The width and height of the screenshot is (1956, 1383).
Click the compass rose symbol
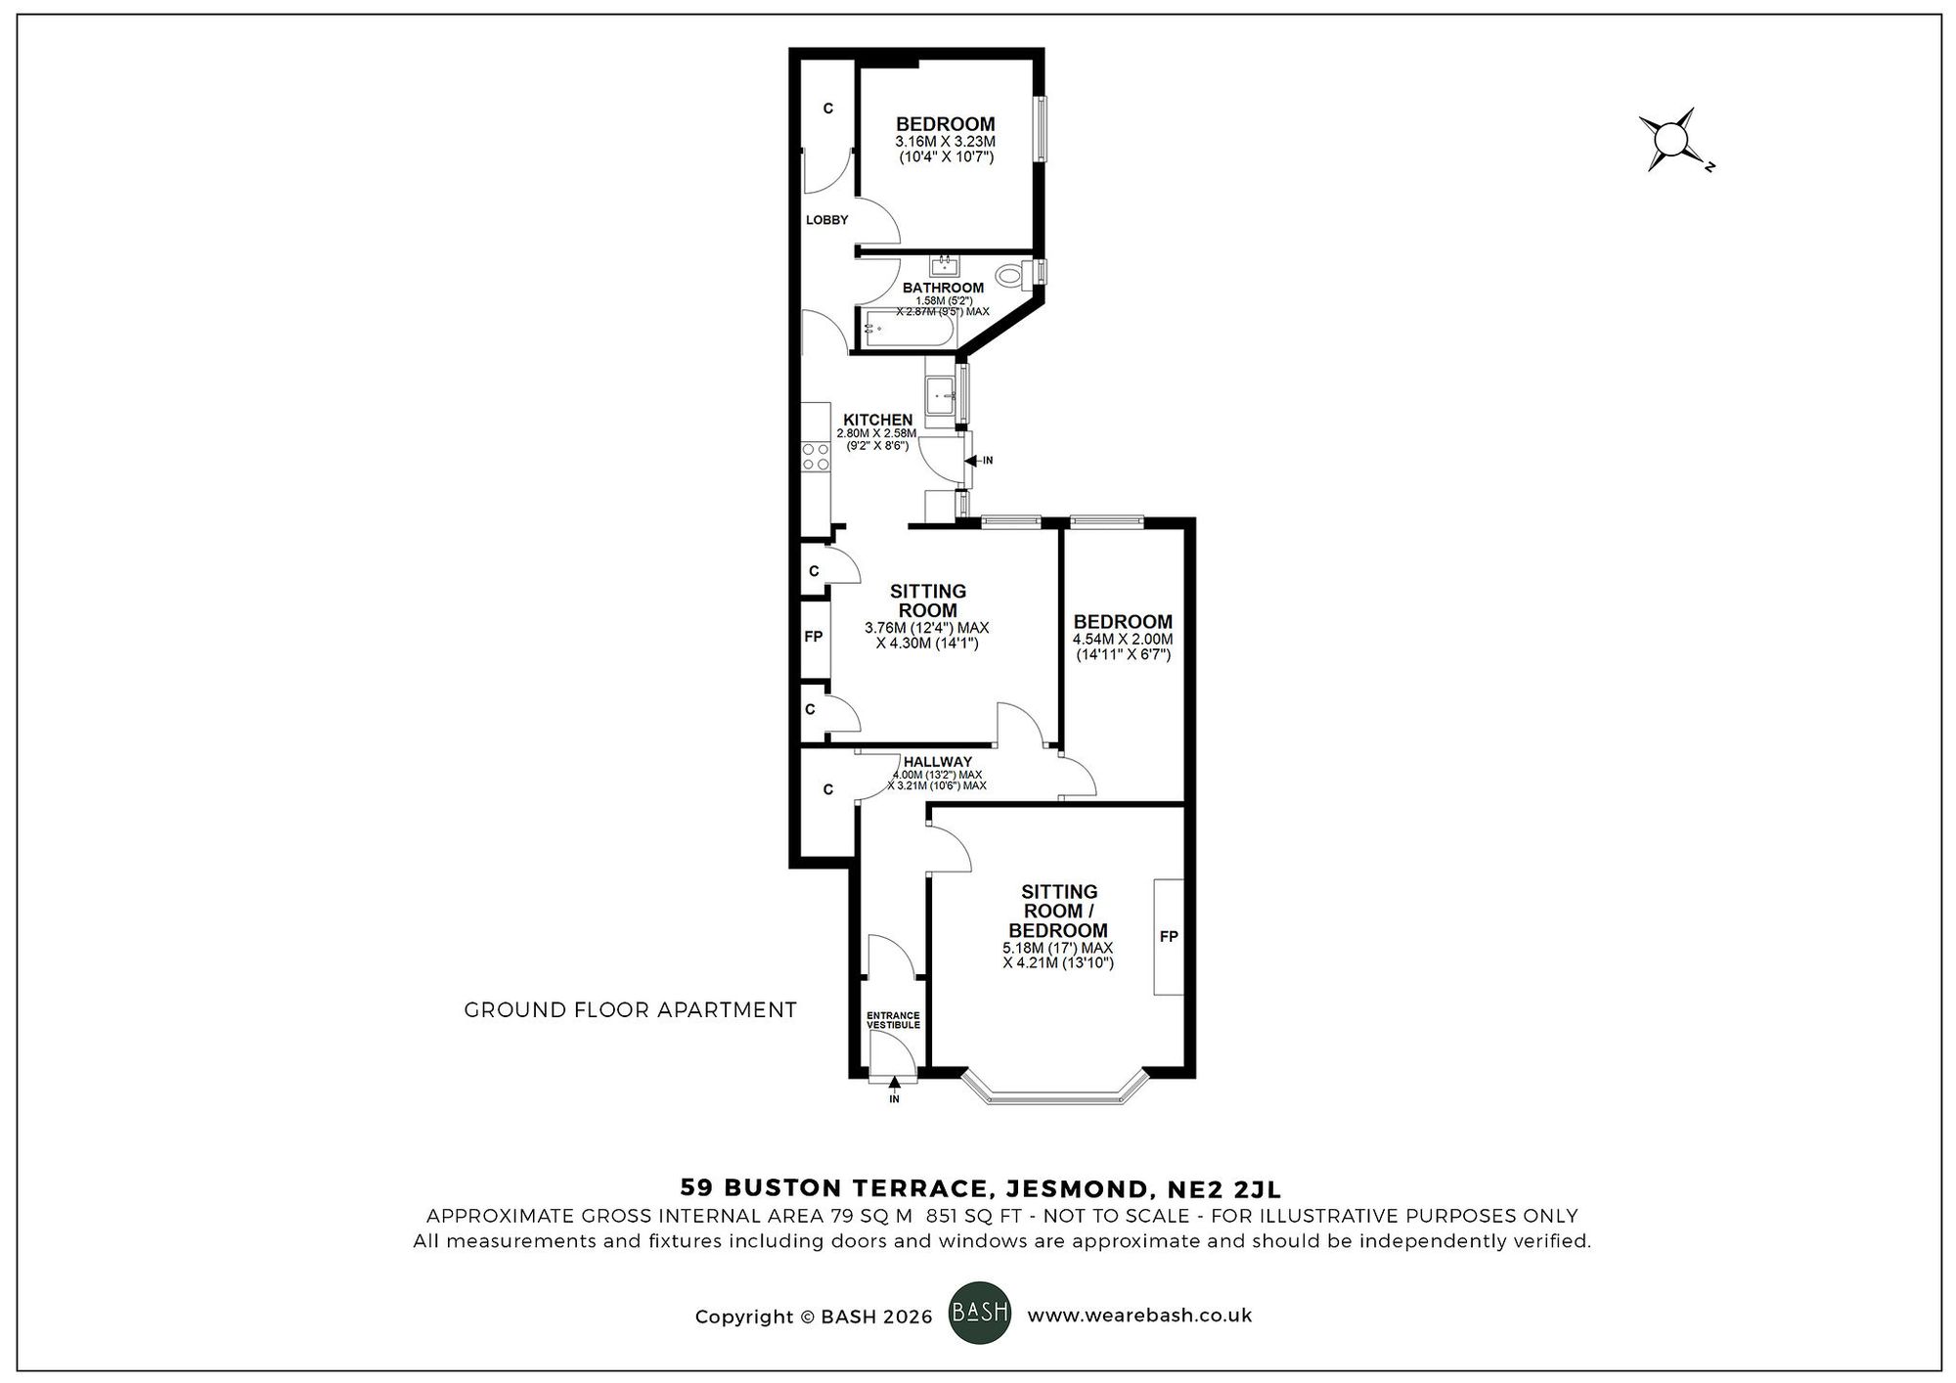click(1673, 139)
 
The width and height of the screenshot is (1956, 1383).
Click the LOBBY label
click(826, 220)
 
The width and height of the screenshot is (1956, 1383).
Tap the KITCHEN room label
click(877, 420)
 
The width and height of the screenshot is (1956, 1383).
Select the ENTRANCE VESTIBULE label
click(893, 1020)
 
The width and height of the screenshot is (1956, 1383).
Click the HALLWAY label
click(937, 762)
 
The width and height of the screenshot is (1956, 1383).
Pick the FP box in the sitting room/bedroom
click(1169, 936)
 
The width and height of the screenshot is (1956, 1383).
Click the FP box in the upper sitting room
click(814, 637)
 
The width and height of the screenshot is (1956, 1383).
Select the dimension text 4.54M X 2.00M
click(1122, 640)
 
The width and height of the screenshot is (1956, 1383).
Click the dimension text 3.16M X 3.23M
click(945, 142)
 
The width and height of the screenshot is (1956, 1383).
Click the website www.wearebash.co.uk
click(1139, 1316)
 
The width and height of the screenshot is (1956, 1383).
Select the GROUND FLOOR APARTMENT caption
click(630, 1009)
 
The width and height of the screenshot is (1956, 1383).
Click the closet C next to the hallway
click(828, 789)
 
